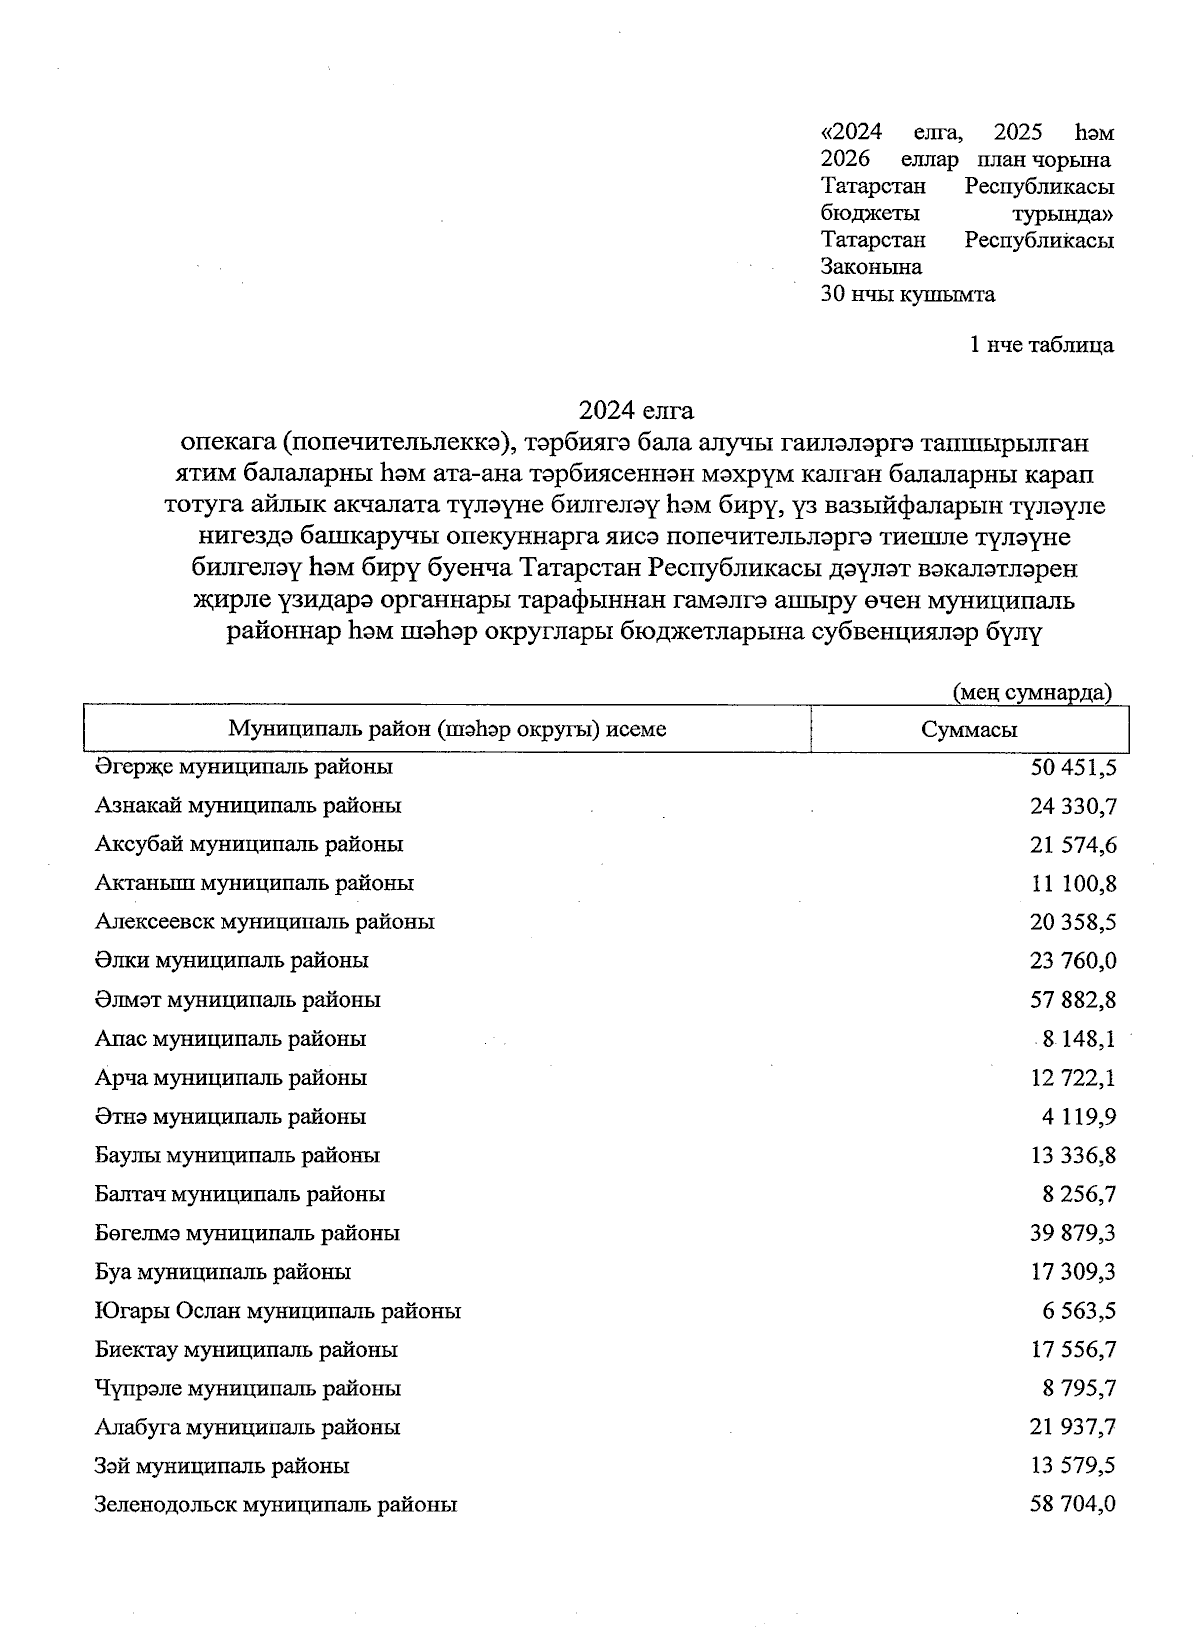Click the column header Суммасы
[x=968, y=729]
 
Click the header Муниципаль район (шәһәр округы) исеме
[x=447, y=729]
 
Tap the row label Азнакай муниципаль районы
[x=248, y=805]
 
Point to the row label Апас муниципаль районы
[x=230, y=1038]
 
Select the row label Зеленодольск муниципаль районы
[x=276, y=1504]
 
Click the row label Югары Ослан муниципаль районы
[x=278, y=1310]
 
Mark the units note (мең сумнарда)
[x=1031, y=692]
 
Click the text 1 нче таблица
[x=1041, y=345]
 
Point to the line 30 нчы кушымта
[x=907, y=294]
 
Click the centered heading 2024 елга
[x=636, y=410]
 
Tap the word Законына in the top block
[x=871, y=267]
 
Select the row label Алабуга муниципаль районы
[x=247, y=1427]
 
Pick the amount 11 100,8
[x=1073, y=883]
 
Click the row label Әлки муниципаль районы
[x=232, y=960]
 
